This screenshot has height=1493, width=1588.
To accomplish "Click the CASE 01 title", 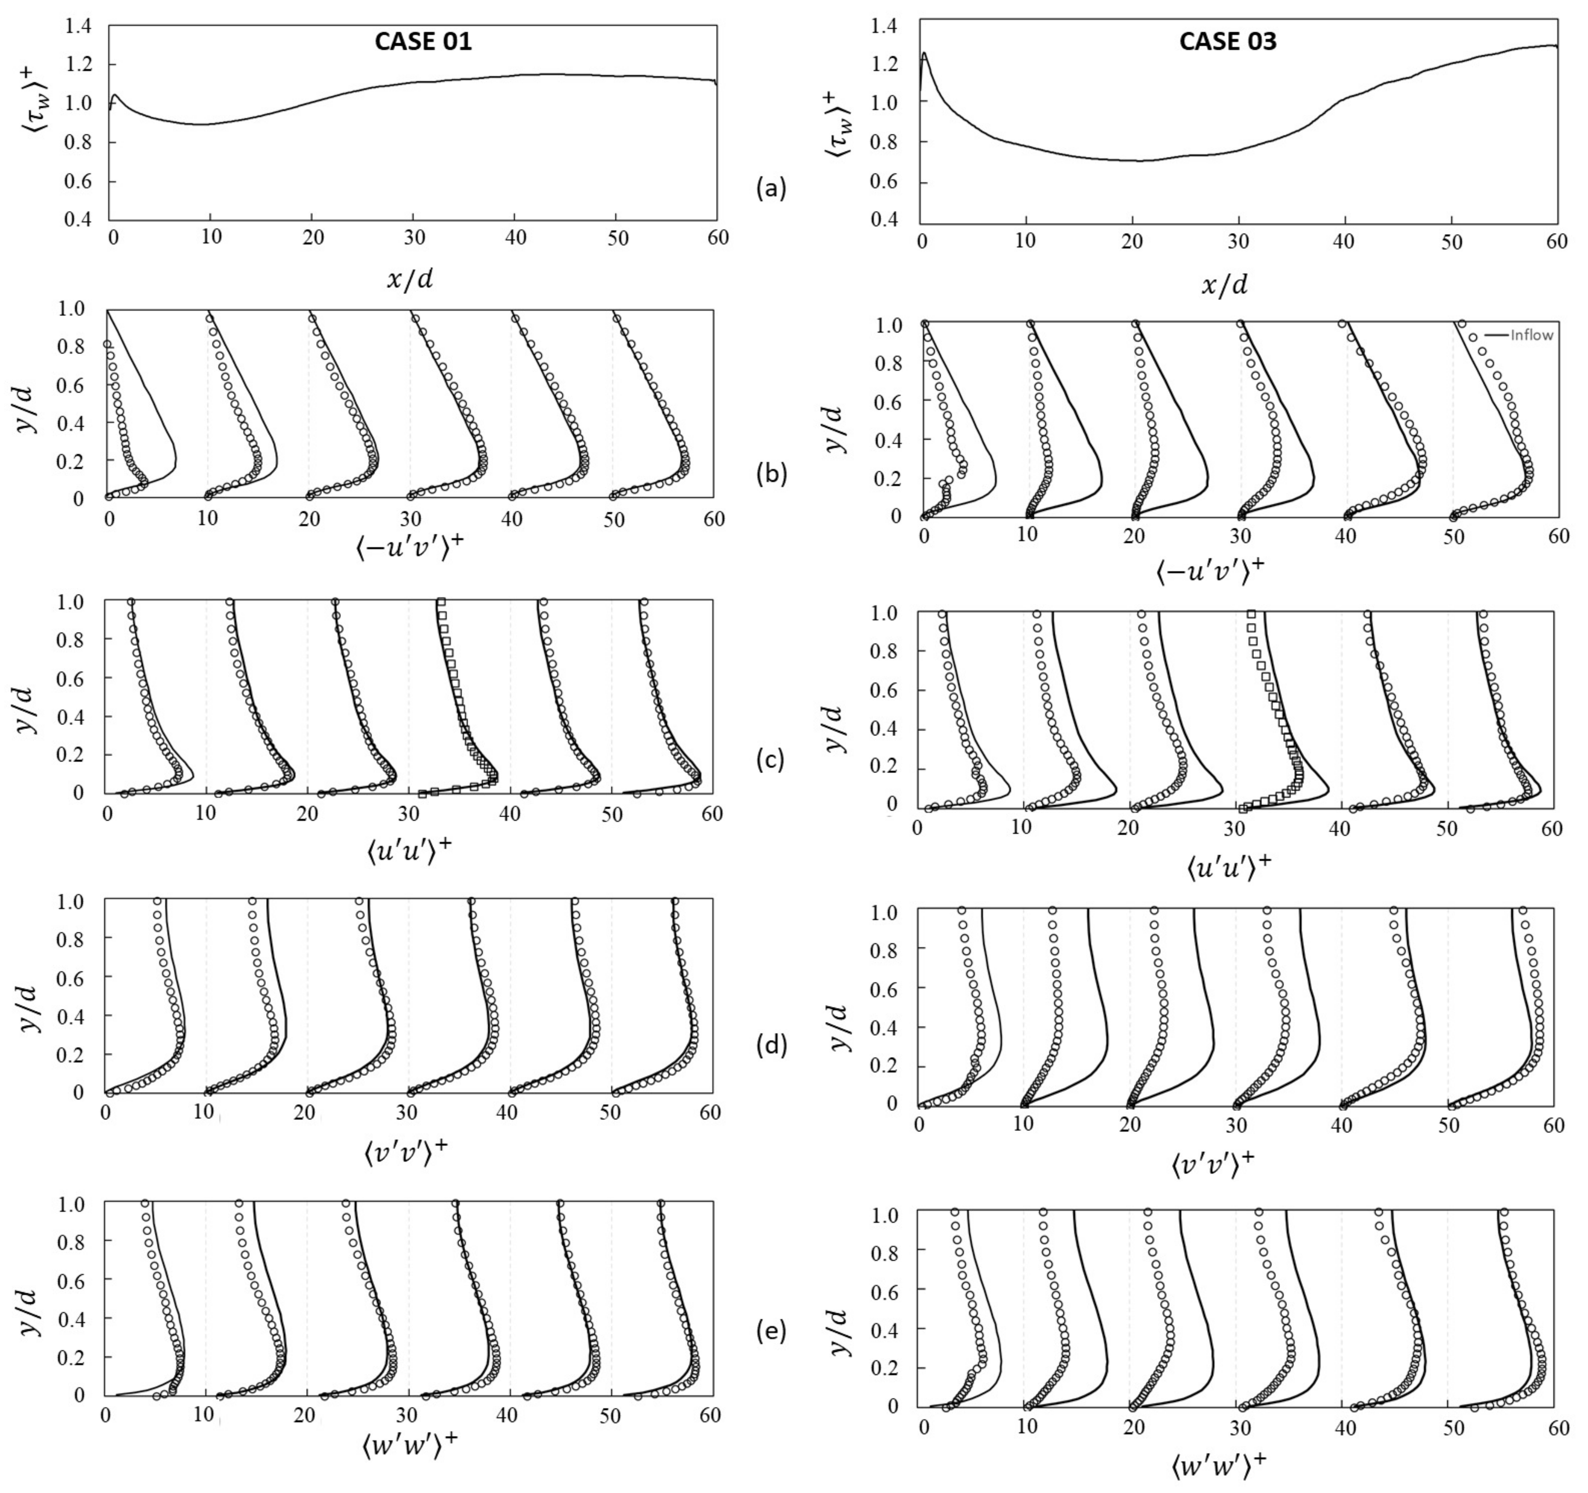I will [423, 42].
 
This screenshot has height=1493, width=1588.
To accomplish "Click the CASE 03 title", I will [1228, 42].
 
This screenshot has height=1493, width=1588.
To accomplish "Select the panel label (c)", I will [771, 760].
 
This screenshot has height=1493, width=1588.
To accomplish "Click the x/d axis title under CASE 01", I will [411, 280].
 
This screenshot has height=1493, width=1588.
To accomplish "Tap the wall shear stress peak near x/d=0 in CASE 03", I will [924, 54].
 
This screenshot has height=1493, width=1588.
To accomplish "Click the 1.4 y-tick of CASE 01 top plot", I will [77, 27].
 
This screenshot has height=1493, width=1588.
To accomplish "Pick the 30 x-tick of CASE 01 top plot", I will [412, 238].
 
